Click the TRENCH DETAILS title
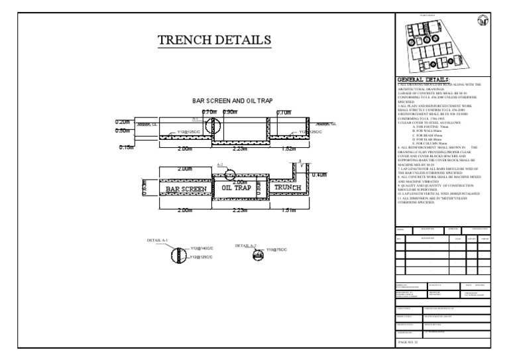pyautogui.click(x=213, y=40)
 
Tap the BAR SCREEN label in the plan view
pyautogui.click(x=186, y=189)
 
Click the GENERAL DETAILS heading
pyautogui.click(x=422, y=80)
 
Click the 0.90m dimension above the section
pyautogui.click(x=231, y=112)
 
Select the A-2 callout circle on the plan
pyautogui.click(x=229, y=174)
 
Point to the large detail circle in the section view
pyautogui.click(x=212, y=126)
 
